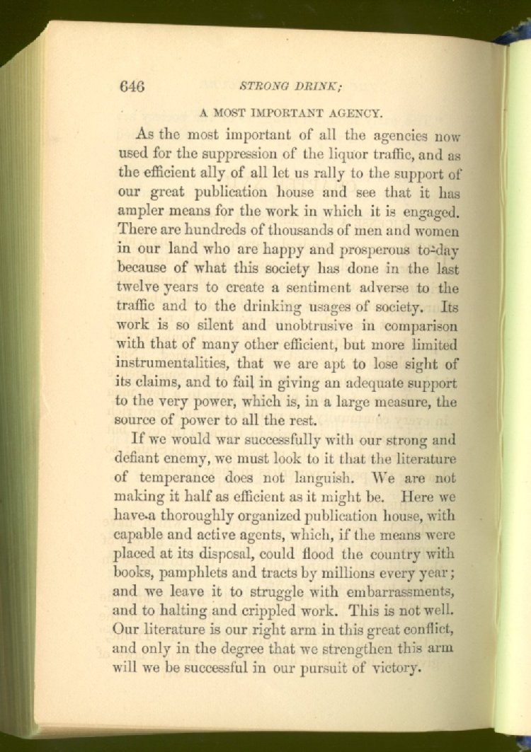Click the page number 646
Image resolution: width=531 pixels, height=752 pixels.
coord(132,87)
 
